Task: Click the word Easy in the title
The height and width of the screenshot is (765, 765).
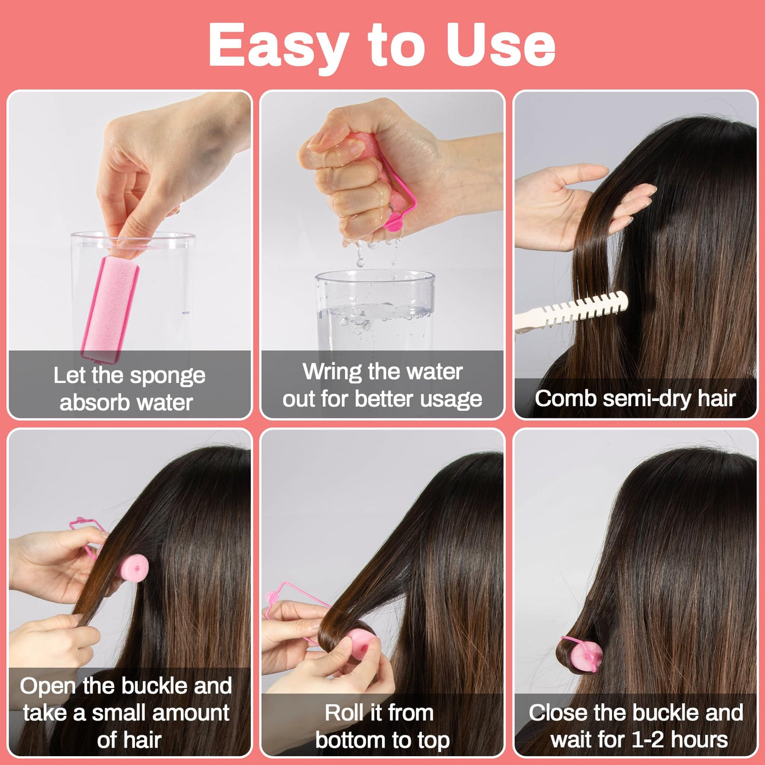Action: click(279, 46)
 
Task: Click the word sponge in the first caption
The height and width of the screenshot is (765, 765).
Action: click(167, 376)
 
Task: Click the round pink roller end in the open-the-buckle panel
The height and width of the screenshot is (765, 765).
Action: click(134, 568)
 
